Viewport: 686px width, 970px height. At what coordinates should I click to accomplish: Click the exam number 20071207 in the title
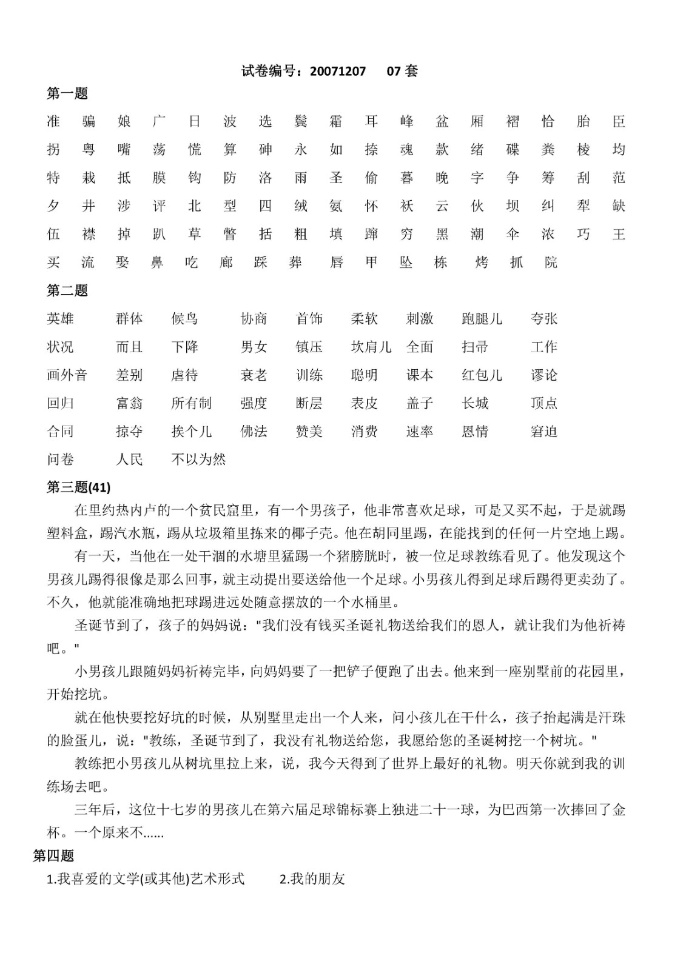[x=338, y=72]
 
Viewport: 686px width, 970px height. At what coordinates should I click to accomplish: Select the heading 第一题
[x=67, y=93]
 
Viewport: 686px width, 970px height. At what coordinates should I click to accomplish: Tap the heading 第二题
[x=67, y=291]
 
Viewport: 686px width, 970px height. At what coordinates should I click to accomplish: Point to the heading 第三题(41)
[x=79, y=487]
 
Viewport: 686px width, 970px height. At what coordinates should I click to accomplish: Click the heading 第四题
[x=53, y=855]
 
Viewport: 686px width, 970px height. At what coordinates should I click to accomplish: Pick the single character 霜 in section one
[x=336, y=122]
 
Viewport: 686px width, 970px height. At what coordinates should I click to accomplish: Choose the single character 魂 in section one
[x=407, y=150]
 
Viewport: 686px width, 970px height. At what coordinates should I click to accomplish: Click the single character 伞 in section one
[x=513, y=234]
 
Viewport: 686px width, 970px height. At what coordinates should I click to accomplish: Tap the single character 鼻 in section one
[x=157, y=263]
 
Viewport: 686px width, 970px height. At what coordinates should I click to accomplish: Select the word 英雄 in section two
[x=60, y=319]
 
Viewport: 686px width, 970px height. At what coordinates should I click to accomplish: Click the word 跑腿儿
[x=482, y=319]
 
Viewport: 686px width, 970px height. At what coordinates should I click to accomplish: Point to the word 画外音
[x=67, y=375]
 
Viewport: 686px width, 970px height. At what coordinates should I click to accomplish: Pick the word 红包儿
[x=482, y=375]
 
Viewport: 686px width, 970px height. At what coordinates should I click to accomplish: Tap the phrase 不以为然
[x=198, y=460]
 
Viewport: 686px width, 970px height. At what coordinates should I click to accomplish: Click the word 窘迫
[x=543, y=432]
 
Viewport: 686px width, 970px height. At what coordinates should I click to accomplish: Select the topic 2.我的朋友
[x=312, y=879]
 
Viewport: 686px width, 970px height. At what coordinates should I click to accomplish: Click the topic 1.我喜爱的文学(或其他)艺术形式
[x=146, y=879]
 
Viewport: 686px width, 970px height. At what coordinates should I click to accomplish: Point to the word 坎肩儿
[x=371, y=347]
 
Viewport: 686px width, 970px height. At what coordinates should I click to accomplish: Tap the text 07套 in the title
[x=402, y=72]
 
